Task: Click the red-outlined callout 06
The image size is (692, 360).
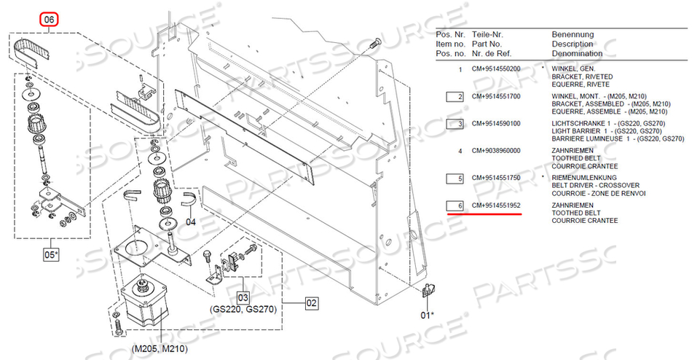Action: click(x=49, y=20)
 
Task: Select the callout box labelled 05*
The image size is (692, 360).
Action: click(x=51, y=255)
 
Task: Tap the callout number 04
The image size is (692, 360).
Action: click(x=190, y=222)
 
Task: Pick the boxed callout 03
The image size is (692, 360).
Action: click(x=243, y=297)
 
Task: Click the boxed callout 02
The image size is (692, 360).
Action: click(x=312, y=303)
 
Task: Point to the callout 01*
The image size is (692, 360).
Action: click(x=427, y=315)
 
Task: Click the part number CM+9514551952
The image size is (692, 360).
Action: click(x=496, y=206)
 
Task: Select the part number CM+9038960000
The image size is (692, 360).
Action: click(x=496, y=151)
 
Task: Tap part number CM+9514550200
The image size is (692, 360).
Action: click(x=496, y=69)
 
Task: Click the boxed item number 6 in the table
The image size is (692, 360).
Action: click(x=455, y=206)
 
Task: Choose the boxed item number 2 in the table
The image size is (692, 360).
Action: click(x=455, y=97)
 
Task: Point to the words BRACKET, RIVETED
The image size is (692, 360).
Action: click(x=582, y=77)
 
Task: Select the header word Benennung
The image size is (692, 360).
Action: click(x=573, y=34)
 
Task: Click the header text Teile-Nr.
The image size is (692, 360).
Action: click(x=487, y=34)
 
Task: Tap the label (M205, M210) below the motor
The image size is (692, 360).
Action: click(x=160, y=349)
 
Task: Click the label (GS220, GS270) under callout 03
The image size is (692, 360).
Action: click(x=243, y=309)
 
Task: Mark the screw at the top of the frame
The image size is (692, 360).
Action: click(x=375, y=44)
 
